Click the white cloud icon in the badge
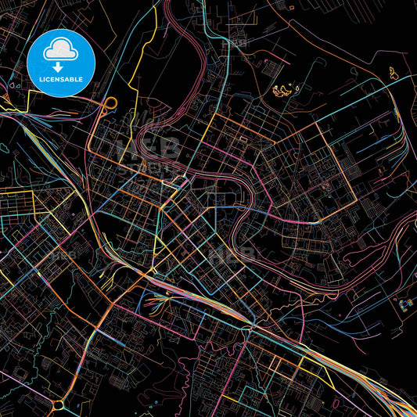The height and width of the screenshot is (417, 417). pos(60,50)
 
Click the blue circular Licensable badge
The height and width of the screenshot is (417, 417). pos(60,62)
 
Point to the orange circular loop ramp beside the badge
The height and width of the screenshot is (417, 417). pos(110,102)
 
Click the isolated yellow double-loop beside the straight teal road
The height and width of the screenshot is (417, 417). pos(391,73)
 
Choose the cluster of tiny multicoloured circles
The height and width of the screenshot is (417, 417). pos(404,303)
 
